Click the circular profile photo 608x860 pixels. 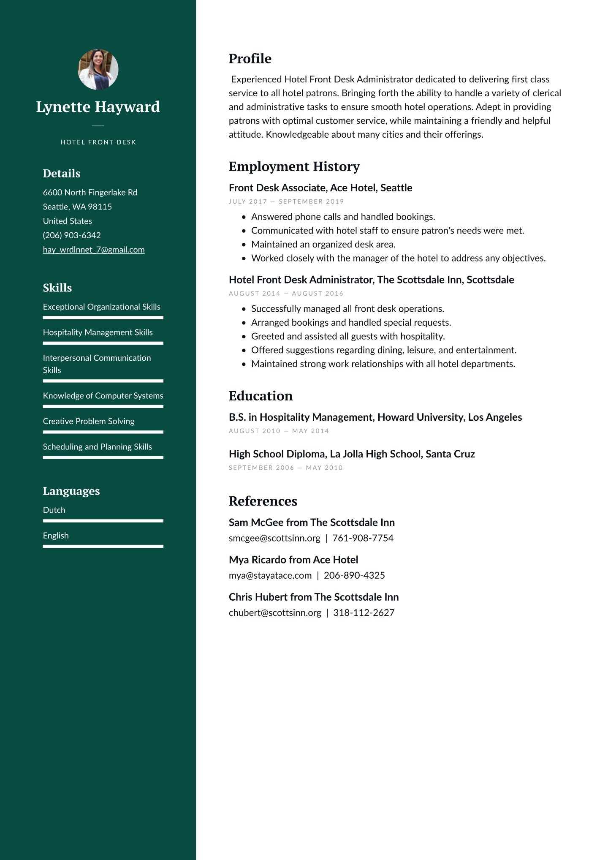coord(98,70)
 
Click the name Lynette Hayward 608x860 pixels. coord(98,107)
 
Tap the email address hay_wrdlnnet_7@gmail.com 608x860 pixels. coord(94,250)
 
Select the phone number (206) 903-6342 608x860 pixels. coord(72,235)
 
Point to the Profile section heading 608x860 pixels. coord(250,59)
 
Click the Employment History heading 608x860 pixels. coord(294,166)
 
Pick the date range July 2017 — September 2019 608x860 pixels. coord(286,201)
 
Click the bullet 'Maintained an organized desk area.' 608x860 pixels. coord(323,244)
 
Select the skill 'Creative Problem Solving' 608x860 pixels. coord(89,421)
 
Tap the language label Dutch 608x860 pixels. coord(54,510)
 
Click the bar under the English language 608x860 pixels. coord(103,546)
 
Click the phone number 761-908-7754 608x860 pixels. coord(363,538)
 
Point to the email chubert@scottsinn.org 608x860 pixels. coord(275,612)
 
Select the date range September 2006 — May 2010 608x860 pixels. coord(285,468)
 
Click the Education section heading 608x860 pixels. coord(261,396)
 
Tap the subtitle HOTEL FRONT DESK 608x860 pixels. coord(98,142)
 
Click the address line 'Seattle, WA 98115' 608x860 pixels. coord(77,207)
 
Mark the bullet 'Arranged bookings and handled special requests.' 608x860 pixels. coord(351,322)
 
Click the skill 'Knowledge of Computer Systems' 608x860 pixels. coord(103,396)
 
